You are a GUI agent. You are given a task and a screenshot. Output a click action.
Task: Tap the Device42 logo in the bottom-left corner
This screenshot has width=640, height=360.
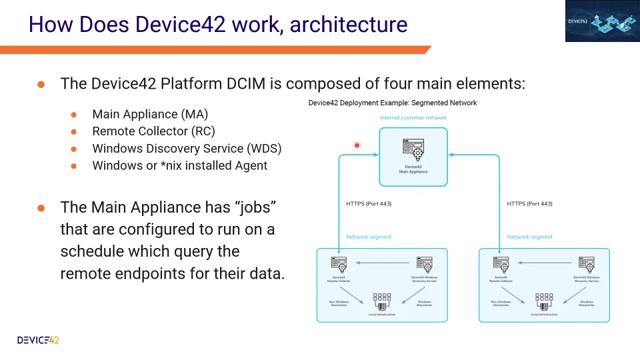[x=38, y=340]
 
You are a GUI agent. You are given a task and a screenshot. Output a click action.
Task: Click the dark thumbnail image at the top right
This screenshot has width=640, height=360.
[x=602, y=21]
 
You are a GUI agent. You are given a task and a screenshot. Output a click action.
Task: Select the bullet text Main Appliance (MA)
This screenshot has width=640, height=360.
[x=150, y=115]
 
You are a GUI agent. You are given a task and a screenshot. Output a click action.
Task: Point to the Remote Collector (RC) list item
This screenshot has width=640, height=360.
[x=153, y=131]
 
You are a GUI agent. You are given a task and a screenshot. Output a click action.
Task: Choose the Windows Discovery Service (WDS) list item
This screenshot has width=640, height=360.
[x=187, y=148]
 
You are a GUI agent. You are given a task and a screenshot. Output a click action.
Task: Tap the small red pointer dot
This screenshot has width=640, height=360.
[x=357, y=145]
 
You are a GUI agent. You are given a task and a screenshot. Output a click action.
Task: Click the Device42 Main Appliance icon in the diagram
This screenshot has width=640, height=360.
[x=413, y=148]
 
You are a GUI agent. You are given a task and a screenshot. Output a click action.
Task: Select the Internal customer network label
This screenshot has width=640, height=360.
[x=413, y=117]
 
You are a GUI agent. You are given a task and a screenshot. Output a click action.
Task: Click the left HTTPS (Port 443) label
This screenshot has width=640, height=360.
[x=369, y=203]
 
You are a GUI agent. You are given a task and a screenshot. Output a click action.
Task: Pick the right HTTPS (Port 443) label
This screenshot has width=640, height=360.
[x=529, y=203]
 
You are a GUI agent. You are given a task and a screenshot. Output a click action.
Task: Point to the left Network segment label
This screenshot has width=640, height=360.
[x=369, y=237]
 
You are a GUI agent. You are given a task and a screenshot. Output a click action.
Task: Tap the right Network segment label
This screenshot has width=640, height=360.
[x=529, y=237]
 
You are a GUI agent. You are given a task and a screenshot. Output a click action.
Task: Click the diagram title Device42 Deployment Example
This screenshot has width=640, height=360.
[x=392, y=103]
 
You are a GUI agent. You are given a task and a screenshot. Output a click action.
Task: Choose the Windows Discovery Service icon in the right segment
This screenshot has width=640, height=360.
[x=586, y=263]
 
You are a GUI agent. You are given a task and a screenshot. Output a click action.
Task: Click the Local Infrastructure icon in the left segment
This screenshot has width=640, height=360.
[x=382, y=301]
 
